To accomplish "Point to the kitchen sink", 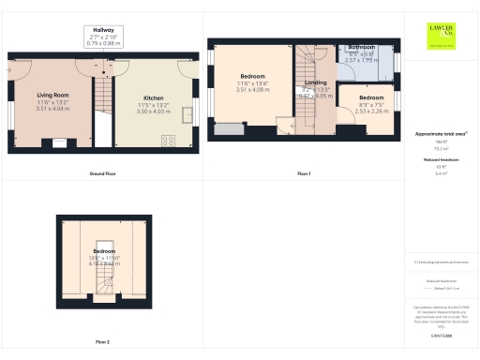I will [x=187, y=116].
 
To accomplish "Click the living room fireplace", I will [x=60, y=142].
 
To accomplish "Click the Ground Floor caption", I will [x=103, y=173].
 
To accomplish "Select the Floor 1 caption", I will [x=303, y=173].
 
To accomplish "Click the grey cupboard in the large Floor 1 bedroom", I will [x=227, y=128].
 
